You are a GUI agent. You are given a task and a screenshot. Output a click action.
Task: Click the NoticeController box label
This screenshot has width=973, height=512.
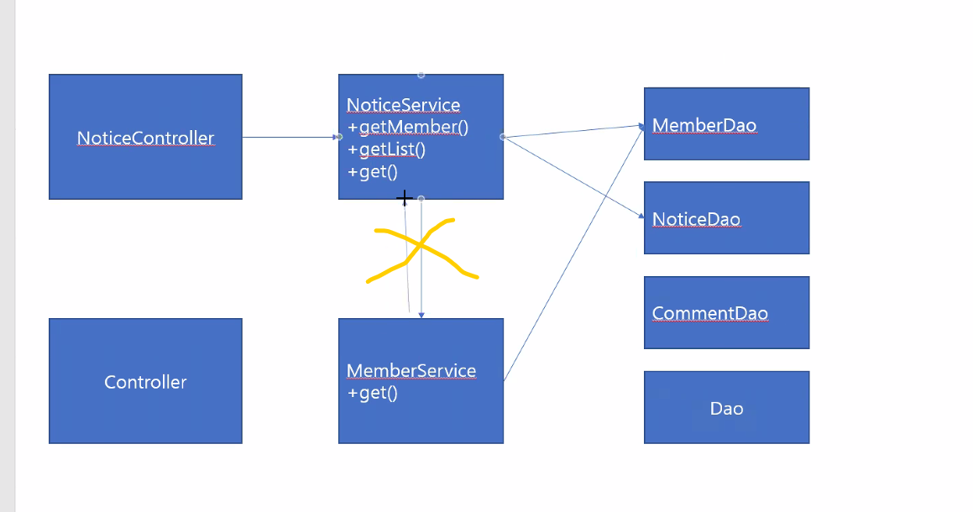[145, 138]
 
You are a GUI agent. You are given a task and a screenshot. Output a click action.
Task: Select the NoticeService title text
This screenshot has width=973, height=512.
[403, 105]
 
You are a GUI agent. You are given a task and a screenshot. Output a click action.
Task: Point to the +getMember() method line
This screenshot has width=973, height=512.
[407, 128]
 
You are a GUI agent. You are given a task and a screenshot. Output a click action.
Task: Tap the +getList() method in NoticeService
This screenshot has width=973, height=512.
[386, 149]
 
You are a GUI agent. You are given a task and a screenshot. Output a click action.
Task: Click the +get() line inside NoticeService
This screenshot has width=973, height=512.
[372, 171]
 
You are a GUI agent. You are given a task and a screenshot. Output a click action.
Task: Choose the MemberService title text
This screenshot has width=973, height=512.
[411, 371]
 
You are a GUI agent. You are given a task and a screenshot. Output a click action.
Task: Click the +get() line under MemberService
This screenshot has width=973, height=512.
[372, 393]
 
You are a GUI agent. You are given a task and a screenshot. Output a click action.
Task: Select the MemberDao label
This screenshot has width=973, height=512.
[704, 125]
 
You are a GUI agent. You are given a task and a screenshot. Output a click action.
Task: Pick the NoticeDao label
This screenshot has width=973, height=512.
[696, 219]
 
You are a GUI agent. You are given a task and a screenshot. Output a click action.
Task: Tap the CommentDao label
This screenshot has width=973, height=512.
[709, 313]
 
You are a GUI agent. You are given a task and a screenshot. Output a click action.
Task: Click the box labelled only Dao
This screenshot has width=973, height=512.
[726, 408]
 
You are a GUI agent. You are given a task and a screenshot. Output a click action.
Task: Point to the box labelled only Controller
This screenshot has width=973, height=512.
[145, 382]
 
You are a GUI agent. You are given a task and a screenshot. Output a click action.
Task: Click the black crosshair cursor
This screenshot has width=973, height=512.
[404, 199]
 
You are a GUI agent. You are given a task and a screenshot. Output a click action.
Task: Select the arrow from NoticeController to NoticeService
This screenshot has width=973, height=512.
[290, 137]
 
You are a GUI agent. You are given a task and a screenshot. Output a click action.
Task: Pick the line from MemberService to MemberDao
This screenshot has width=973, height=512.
[575, 253]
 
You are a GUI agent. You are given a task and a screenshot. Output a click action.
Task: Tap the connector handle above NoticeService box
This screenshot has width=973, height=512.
[421, 75]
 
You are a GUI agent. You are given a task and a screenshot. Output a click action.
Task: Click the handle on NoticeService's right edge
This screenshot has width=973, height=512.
[503, 136]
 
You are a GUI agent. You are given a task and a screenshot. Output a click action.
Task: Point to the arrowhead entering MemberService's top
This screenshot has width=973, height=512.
[421, 315]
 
